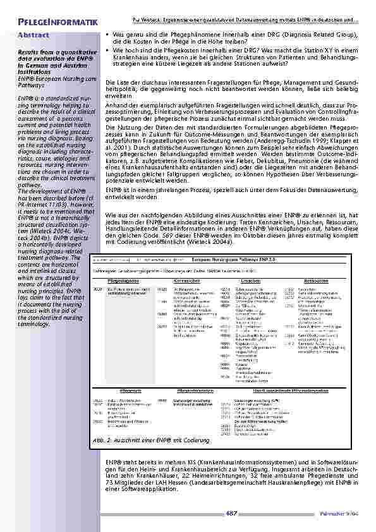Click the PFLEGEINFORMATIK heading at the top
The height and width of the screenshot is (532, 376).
point(58,23)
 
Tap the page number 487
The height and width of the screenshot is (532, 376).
point(231,513)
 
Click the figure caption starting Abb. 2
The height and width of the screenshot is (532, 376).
point(151,438)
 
